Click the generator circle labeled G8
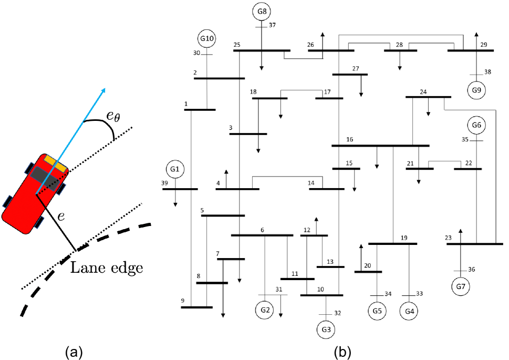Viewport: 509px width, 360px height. (x=262, y=12)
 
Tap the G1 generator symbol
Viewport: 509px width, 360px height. (x=175, y=169)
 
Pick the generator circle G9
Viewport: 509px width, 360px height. (x=476, y=90)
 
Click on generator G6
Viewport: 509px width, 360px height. (x=476, y=126)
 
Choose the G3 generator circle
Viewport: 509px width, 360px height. (x=326, y=330)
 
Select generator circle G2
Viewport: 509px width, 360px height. (x=265, y=310)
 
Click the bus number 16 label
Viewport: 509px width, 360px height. (x=349, y=139)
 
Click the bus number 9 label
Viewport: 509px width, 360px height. (x=183, y=301)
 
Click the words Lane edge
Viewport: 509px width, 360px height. (x=107, y=268)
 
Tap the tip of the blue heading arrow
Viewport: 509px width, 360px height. (x=105, y=89)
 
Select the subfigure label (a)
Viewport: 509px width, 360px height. (x=73, y=351)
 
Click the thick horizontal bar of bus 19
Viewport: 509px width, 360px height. (x=393, y=244)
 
